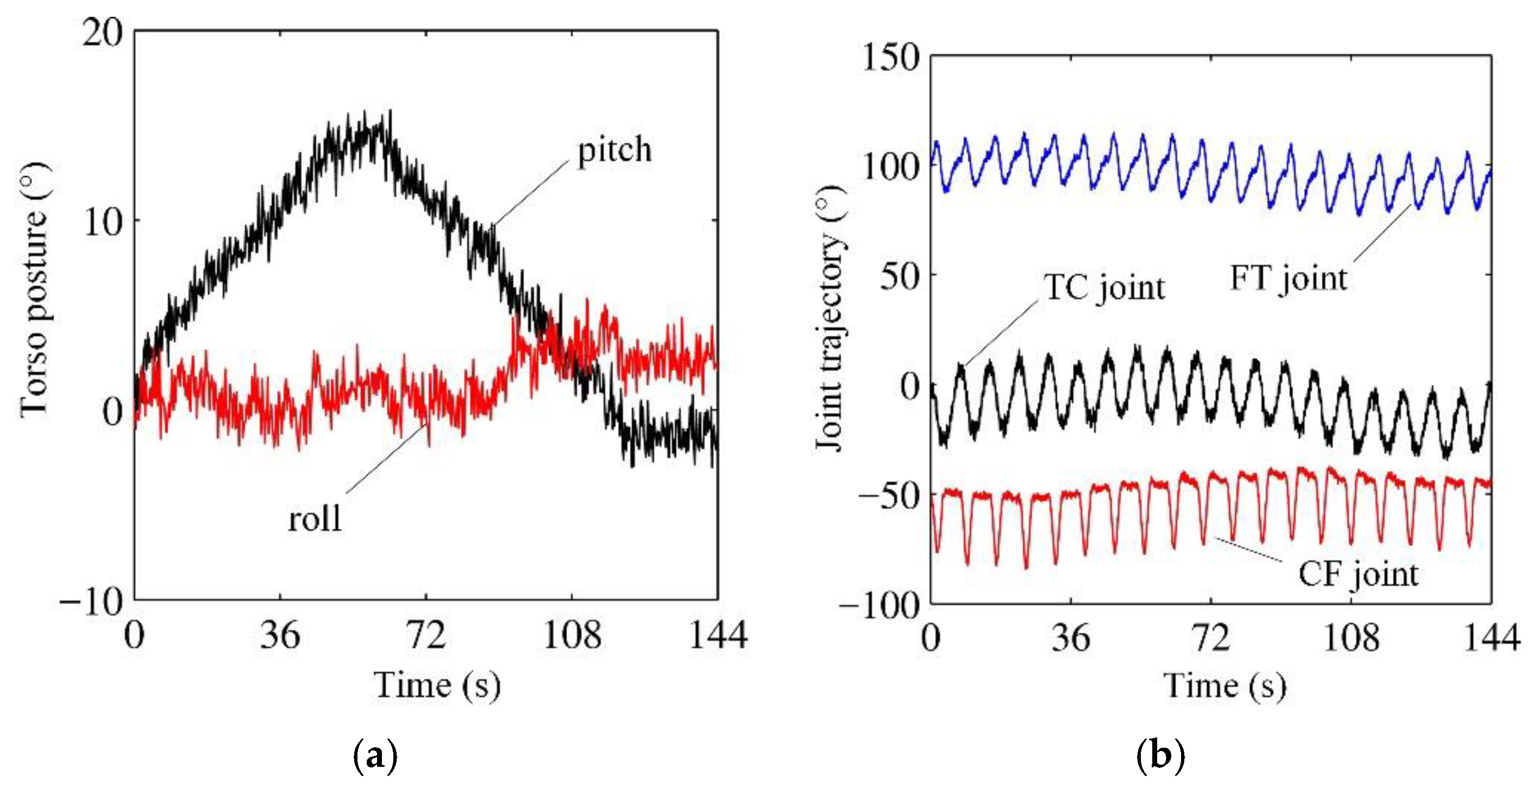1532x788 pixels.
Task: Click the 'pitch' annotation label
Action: (x=614, y=150)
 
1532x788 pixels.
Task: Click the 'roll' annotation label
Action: (x=315, y=518)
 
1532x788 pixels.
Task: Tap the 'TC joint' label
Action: (x=1105, y=289)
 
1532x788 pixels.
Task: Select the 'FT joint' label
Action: (x=1288, y=278)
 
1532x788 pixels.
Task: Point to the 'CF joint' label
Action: (x=1358, y=574)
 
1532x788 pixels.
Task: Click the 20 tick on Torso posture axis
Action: (x=102, y=32)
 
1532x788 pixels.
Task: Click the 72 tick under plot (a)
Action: (x=426, y=635)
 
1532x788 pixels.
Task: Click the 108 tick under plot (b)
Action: (x=1350, y=638)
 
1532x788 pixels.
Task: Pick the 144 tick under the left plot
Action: (x=717, y=635)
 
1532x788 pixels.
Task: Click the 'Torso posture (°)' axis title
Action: (x=34, y=290)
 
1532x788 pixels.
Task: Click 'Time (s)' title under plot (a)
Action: (x=437, y=685)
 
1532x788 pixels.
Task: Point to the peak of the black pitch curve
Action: (x=390, y=112)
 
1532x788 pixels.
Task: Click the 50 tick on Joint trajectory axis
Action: (x=900, y=277)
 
